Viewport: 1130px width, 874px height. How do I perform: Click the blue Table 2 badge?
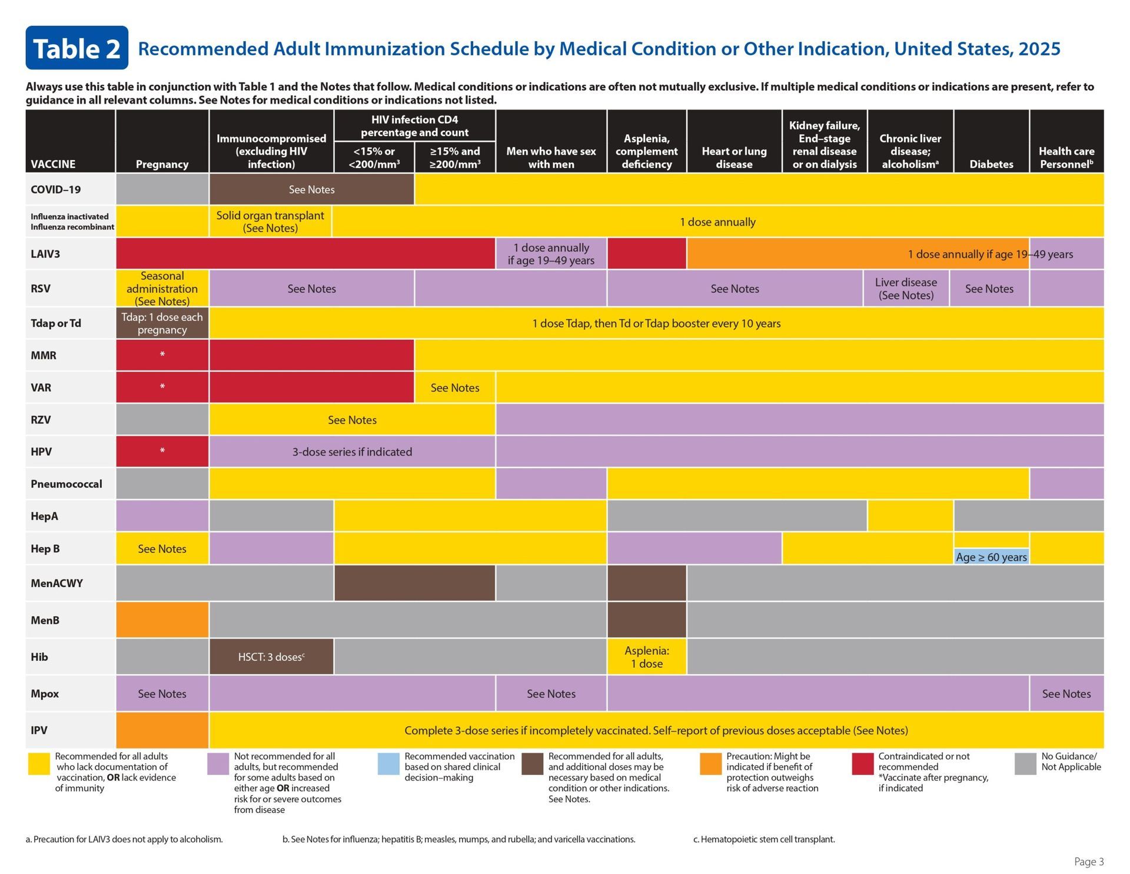[77, 48]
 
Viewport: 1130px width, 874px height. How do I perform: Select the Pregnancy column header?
[162, 164]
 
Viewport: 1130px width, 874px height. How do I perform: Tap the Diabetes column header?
[991, 164]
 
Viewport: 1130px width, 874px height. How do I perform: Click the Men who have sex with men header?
[551, 157]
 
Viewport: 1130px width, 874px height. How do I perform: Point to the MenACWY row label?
[56, 583]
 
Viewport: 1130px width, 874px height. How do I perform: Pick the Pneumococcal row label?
[66, 484]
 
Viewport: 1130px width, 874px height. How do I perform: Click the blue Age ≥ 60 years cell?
[991, 557]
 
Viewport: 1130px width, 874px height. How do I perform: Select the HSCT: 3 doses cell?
[271, 657]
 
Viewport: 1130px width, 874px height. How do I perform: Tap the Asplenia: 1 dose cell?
[646, 657]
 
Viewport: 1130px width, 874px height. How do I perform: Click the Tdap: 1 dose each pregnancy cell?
[162, 323]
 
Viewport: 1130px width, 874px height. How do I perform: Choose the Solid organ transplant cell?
[270, 221]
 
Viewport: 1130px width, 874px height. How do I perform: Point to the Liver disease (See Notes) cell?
[906, 289]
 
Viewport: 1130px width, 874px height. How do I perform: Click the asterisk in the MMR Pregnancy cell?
[162, 355]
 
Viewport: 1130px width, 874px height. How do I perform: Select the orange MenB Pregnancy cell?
[162, 620]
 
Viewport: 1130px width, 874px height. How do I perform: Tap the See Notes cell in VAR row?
[454, 388]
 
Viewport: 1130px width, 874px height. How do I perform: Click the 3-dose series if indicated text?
[352, 452]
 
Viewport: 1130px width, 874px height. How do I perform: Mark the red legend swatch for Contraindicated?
[862, 764]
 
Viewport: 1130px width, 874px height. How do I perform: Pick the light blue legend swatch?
[388, 764]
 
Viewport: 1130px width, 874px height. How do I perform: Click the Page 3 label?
[1089, 861]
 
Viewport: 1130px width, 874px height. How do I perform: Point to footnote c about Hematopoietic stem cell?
[763, 839]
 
